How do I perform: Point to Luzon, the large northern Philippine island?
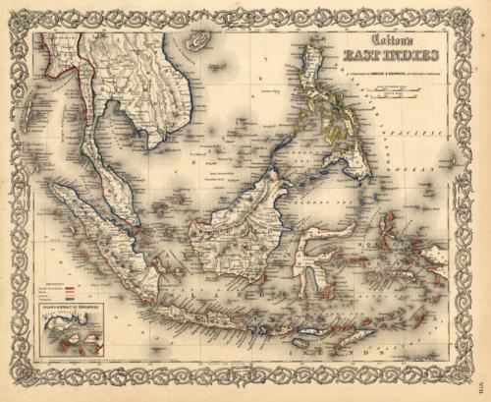tap(320, 88)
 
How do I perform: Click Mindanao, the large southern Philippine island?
tap(354, 167)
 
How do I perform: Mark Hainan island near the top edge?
tap(200, 39)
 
